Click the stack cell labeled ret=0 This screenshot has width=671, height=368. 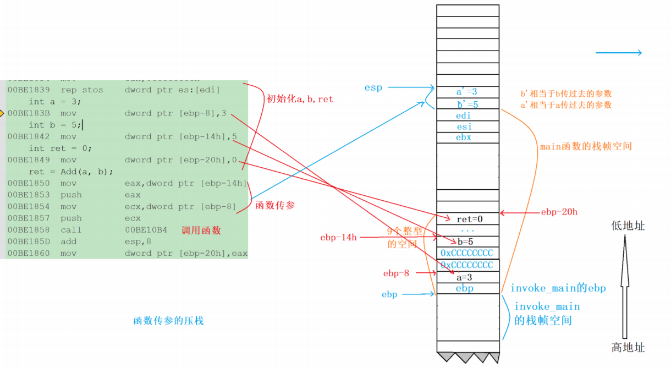click(469, 219)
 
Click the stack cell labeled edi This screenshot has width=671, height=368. click(464, 116)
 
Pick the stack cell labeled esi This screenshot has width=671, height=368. click(464, 127)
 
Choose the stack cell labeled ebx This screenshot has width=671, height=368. click(464, 138)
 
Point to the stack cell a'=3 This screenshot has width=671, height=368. click(467, 92)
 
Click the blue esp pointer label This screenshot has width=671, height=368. click(373, 87)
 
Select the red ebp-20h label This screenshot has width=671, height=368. click(559, 212)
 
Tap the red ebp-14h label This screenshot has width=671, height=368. click(338, 238)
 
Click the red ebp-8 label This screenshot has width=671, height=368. click(396, 273)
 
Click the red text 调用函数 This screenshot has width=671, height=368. click(201, 230)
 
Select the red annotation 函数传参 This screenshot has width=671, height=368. click(275, 205)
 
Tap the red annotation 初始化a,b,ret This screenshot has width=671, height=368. click(300, 100)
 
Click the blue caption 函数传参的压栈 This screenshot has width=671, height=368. click(168, 320)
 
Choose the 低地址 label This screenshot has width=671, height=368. click(628, 226)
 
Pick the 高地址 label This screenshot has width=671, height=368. click(628, 348)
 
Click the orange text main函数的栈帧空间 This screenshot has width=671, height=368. click(586, 146)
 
